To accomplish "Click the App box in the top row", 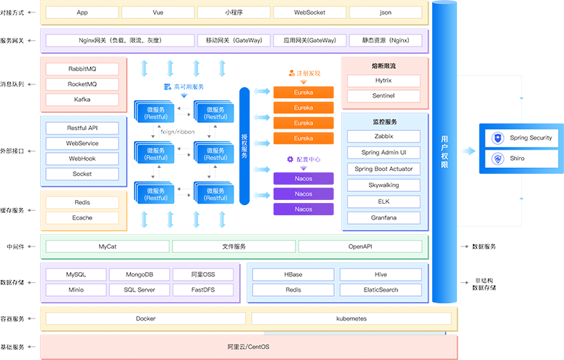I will (x=82, y=12).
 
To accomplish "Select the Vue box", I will (x=158, y=12).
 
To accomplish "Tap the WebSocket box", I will (x=309, y=12).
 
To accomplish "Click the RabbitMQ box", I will (x=82, y=69).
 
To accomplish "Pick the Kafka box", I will (x=82, y=100).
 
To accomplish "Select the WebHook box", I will (x=82, y=159).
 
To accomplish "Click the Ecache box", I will (x=82, y=217).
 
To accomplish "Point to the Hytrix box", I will (x=384, y=81).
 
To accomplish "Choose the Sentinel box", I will (x=384, y=96).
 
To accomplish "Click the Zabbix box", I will (x=384, y=136).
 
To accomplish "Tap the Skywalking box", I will (x=384, y=185).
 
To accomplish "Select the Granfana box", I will (x=384, y=217).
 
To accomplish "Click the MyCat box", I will (x=108, y=247).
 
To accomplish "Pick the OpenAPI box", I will (x=360, y=247).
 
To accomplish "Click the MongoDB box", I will (x=139, y=275).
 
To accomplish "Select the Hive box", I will (x=380, y=275).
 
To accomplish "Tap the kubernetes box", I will (x=351, y=319).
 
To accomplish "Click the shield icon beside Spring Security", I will (x=498, y=138).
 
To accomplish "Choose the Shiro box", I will (x=522, y=159).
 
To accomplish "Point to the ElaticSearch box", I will (x=380, y=290).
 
